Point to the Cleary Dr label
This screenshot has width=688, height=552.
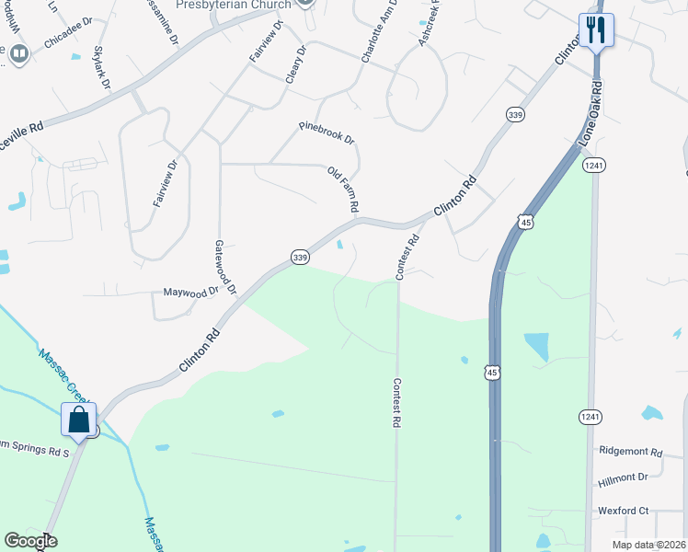click(294, 63)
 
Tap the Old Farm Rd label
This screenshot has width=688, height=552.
click(342, 190)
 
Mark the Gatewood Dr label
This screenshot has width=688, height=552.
click(225, 268)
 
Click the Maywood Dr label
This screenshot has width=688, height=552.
click(190, 293)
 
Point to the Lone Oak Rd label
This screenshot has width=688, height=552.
click(590, 113)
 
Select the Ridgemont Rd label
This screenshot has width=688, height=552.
click(630, 453)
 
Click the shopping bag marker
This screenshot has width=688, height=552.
click(79, 420)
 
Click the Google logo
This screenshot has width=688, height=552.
click(29, 541)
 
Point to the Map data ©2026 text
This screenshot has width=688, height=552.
click(648, 545)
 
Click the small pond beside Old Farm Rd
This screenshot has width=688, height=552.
click(341, 245)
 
